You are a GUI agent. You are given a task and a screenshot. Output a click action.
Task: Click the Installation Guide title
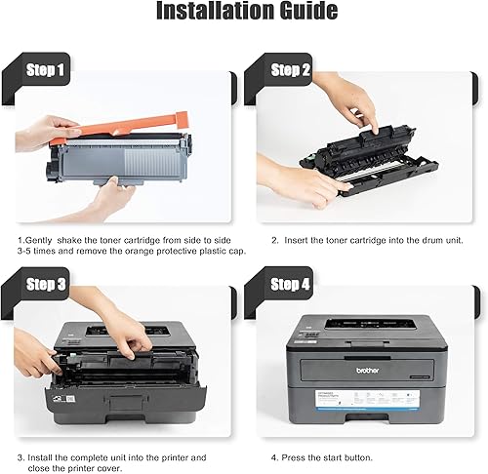[x=244, y=14]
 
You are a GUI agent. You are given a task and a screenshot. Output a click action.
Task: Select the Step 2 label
[x=291, y=70]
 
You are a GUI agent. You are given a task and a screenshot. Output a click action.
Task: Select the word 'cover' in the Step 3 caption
[x=114, y=468]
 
